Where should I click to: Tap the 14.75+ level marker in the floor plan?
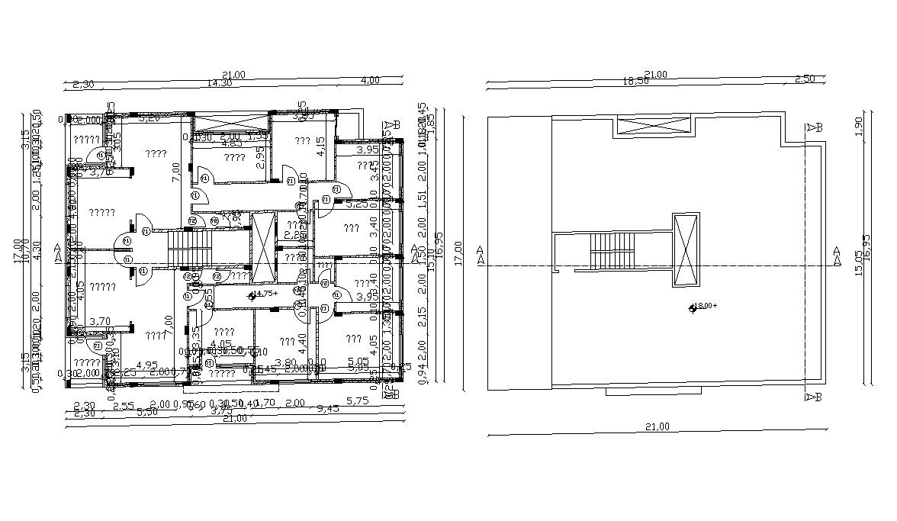(x=263, y=293)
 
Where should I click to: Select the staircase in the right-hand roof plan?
(x=613, y=251)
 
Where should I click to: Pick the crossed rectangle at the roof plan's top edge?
(x=654, y=126)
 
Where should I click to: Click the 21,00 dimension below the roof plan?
(x=657, y=427)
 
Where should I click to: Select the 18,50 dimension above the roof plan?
(x=637, y=80)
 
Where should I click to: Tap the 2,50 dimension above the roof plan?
(x=805, y=79)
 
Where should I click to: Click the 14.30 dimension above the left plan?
(x=220, y=82)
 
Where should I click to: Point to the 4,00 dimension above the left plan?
(x=370, y=80)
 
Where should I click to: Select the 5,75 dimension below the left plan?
(x=357, y=400)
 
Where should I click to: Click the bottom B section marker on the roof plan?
(x=812, y=397)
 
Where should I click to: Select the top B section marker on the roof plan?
(x=814, y=127)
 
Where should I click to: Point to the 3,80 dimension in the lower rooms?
(x=285, y=362)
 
